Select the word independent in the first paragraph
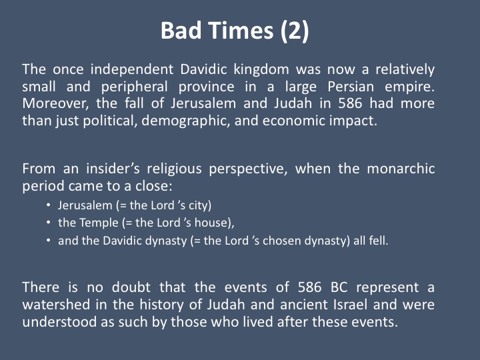[132, 69]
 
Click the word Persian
[351, 87]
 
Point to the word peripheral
[135, 87]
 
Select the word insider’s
[113, 169]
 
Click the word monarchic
[401, 169]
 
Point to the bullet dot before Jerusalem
[48, 205]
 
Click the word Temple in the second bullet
[99, 223]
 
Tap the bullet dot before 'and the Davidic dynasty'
[48, 240]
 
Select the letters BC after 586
[339, 287]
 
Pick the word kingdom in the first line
[261, 70]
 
